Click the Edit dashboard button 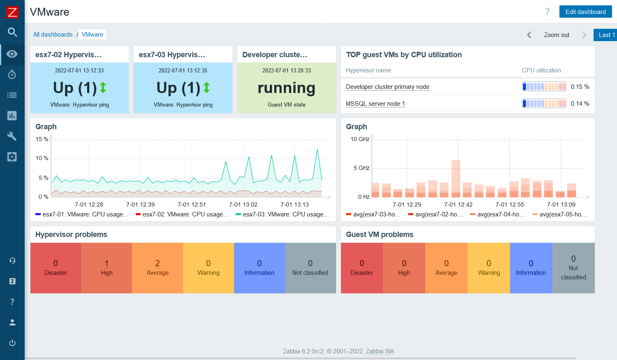tap(585, 12)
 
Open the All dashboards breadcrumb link tap(53, 35)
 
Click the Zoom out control tap(556, 35)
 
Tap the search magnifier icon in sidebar tap(12, 32)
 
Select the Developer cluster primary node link tap(387, 87)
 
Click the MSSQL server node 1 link tap(375, 104)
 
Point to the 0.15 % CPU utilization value tap(580, 87)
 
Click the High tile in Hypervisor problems tap(107, 268)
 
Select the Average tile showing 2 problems tap(158, 268)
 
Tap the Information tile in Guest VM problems tap(531, 268)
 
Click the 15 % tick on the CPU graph tap(42, 139)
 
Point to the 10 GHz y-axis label tap(360, 139)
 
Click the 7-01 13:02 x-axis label tap(243, 204)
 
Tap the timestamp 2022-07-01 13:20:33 tap(286, 70)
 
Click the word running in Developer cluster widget tap(286, 88)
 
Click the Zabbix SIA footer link tap(380, 351)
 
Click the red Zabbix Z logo tap(12, 12)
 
